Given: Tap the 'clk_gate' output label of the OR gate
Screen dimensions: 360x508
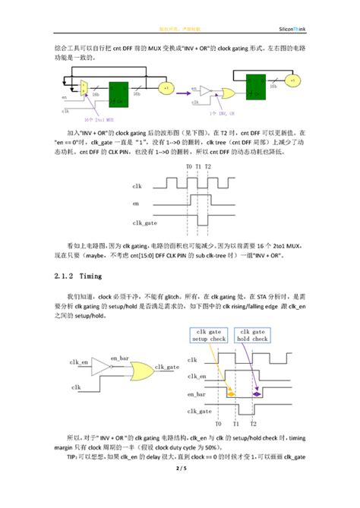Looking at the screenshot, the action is click(167, 366).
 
